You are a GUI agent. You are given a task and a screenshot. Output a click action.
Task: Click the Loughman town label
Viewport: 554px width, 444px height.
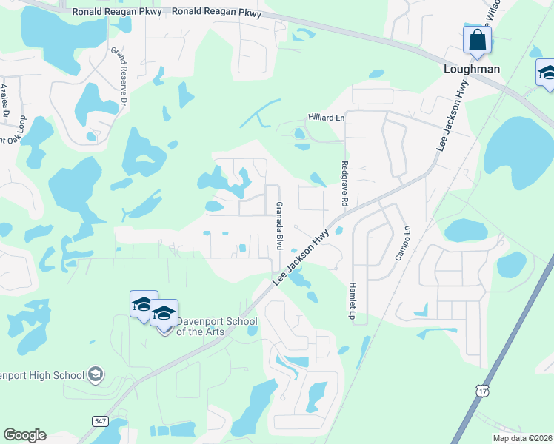point(471,69)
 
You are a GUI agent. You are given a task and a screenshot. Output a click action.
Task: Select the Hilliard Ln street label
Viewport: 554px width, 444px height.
point(327,118)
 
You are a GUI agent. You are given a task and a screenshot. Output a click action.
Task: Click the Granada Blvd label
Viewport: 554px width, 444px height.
point(279,225)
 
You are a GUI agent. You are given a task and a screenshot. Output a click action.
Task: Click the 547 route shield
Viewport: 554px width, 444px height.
point(100,420)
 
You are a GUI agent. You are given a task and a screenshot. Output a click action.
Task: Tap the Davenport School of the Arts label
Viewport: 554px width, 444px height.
point(216,326)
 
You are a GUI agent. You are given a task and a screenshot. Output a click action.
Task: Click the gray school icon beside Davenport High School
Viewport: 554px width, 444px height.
point(95,375)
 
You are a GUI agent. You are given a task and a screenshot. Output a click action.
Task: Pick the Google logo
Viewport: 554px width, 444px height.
point(24,435)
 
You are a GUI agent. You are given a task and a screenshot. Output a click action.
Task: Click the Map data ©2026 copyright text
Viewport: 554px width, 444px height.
point(522,437)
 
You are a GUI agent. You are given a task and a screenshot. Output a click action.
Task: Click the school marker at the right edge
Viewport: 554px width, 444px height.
point(547,74)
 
